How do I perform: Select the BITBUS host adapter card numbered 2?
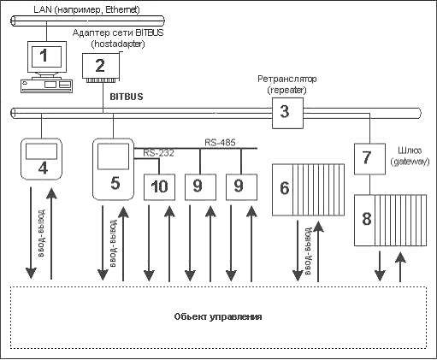click(101, 68)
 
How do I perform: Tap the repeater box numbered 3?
click(287, 113)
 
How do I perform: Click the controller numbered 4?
click(42, 159)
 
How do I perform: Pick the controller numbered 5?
click(113, 169)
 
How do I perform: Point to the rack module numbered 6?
click(308, 190)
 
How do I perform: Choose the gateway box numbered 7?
click(369, 159)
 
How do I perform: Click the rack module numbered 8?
click(390, 221)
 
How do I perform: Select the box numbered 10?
click(159, 187)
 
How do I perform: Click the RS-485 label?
click(220, 143)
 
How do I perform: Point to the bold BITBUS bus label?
click(127, 97)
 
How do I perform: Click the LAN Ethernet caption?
click(87, 9)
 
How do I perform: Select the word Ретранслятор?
click(287, 79)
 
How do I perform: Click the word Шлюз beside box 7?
click(410, 150)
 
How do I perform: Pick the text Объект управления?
click(218, 316)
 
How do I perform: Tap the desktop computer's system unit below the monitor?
click(46, 86)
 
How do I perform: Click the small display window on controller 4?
click(41, 151)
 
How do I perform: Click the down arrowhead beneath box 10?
click(149, 275)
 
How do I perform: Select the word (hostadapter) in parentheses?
click(118, 44)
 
